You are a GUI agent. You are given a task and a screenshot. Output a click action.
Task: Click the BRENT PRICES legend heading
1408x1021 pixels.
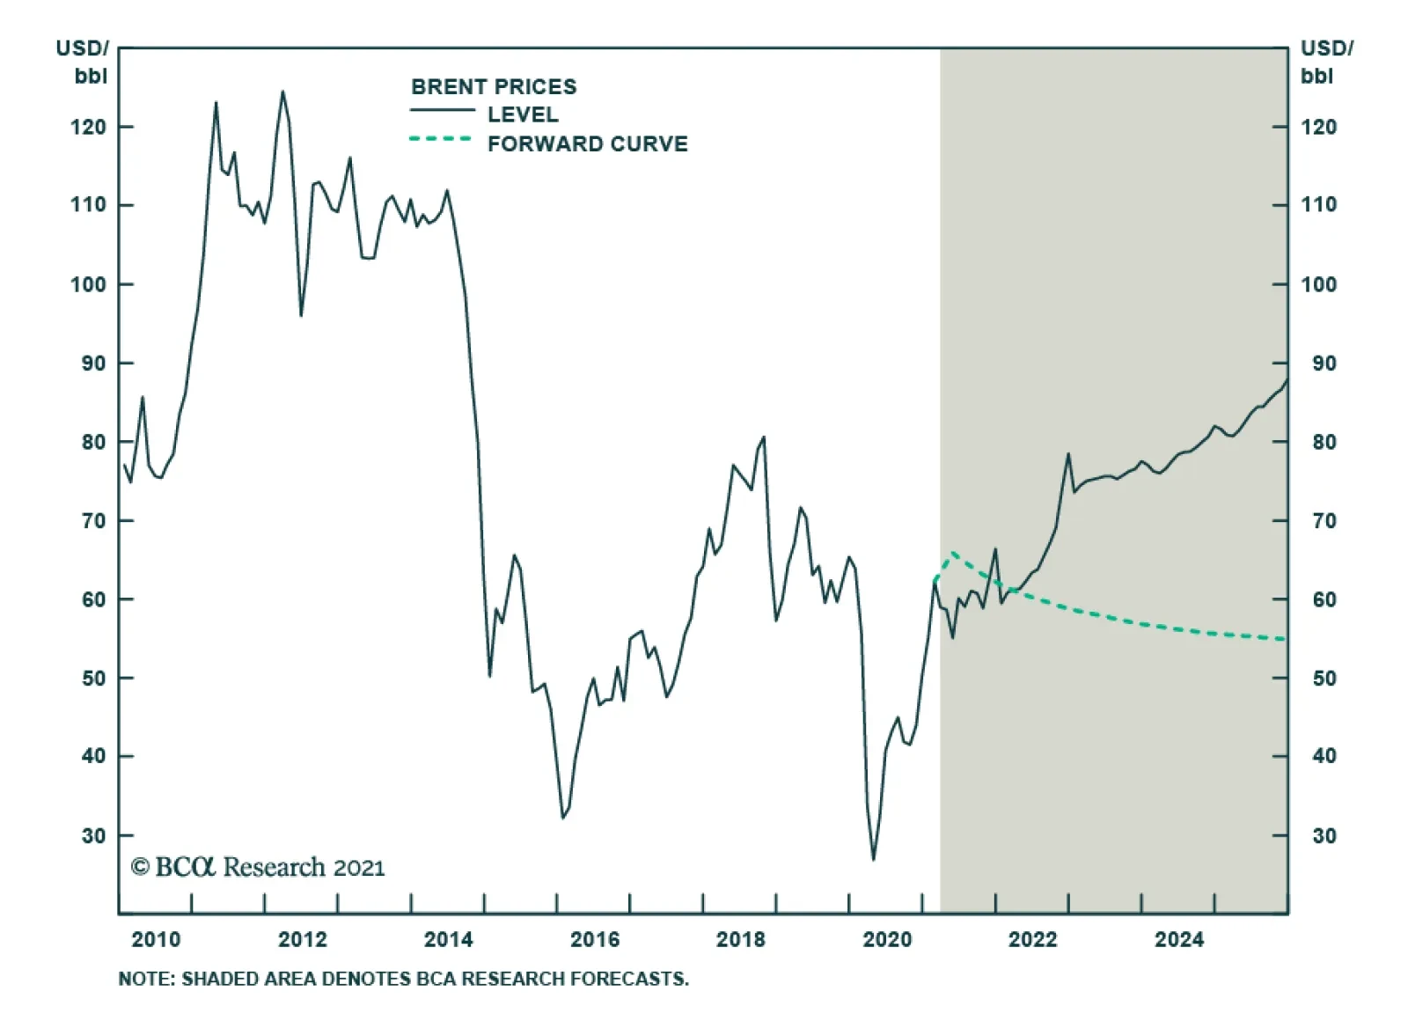(x=494, y=86)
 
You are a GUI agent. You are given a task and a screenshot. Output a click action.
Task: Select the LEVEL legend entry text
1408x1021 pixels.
(x=523, y=114)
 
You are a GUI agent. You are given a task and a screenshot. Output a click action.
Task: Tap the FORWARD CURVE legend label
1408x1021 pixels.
(x=587, y=143)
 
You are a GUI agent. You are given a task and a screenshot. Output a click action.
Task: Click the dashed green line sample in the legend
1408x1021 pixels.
(x=441, y=139)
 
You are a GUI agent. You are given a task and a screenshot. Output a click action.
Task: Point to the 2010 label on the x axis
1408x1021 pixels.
(x=156, y=939)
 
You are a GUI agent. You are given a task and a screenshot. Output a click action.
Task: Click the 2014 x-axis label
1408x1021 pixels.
(x=448, y=939)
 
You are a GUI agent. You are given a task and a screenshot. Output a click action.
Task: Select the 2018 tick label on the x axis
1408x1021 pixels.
(x=740, y=939)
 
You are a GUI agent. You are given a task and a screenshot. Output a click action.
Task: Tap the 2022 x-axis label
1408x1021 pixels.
(x=1032, y=939)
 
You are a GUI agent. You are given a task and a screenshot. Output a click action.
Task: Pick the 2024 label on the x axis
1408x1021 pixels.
(x=1178, y=939)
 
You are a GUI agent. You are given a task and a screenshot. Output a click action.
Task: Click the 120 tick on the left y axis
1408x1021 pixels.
(x=88, y=127)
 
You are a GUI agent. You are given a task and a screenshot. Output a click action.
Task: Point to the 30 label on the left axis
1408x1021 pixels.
(x=93, y=835)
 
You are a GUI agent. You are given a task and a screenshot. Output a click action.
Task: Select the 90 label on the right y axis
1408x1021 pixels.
(x=1324, y=363)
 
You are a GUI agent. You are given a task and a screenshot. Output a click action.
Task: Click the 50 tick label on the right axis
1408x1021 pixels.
(x=1324, y=678)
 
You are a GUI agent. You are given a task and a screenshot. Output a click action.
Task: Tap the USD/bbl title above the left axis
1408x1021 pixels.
(x=83, y=62)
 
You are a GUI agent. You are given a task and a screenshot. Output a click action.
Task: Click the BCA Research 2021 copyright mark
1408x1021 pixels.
(x=258, y=867)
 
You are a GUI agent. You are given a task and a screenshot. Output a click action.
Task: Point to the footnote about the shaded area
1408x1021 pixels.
(x=403, y=979)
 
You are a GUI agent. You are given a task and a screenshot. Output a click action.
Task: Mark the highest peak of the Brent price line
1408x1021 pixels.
(x=282, y=91)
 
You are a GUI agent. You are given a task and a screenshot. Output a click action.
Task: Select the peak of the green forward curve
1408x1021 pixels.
(x=952, y=553)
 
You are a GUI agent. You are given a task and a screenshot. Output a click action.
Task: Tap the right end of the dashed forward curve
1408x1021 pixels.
(x=1286, y=639)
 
